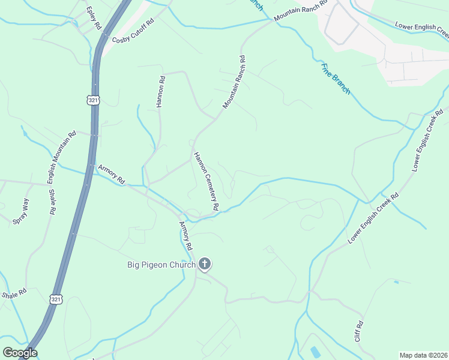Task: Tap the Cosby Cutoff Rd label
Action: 133,31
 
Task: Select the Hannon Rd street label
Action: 160,91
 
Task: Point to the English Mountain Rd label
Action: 62,158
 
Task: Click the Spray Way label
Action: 20,212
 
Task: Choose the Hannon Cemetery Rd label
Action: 205,181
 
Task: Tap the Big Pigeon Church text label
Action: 161,265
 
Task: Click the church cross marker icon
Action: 205,263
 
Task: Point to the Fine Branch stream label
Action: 336,79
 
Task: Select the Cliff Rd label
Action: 359,331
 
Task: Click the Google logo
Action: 20,353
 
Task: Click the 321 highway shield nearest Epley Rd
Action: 93,101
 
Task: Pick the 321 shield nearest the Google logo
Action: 56,299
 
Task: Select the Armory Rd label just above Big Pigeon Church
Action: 185,236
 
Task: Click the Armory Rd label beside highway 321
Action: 111,175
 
